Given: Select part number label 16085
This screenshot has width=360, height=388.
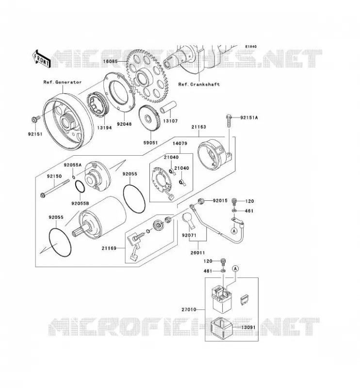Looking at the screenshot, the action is pyautogui.click(x=110, y=61).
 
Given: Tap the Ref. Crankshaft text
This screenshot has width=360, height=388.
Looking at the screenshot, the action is pyautogui.click(x=199, y=84).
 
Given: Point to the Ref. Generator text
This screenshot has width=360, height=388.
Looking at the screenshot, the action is pyautogui.click(x=63, y=82).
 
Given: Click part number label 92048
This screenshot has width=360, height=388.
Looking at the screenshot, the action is pyautogui.click(x=124, y=124).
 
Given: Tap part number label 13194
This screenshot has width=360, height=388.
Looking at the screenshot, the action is pyautogui.click(x=104, y=128).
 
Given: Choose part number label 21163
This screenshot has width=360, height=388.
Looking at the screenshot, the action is pyautogui.click(x=198, y=127).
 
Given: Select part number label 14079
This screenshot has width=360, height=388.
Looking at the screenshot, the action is pyautogui.click(x=180, y=144).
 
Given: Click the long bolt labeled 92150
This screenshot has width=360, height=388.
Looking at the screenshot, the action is pyautogui.click(x=54, y=189).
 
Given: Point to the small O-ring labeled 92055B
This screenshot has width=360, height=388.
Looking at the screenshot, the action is pyautogui.click(x=80, y=187).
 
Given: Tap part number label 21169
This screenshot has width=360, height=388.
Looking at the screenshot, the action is pyautogui.click(x=109, y=248).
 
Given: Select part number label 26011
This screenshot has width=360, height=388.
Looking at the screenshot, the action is pyautogui.click(x=197, y=253).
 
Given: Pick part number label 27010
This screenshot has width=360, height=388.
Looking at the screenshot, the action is pyautogui.click(x=189, y=309).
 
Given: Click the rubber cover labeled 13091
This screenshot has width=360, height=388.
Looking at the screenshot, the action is pyautogui.click(x=221, y=328).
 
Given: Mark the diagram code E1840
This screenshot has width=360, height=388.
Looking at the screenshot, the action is pyautogui.click(x=251, y=47).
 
